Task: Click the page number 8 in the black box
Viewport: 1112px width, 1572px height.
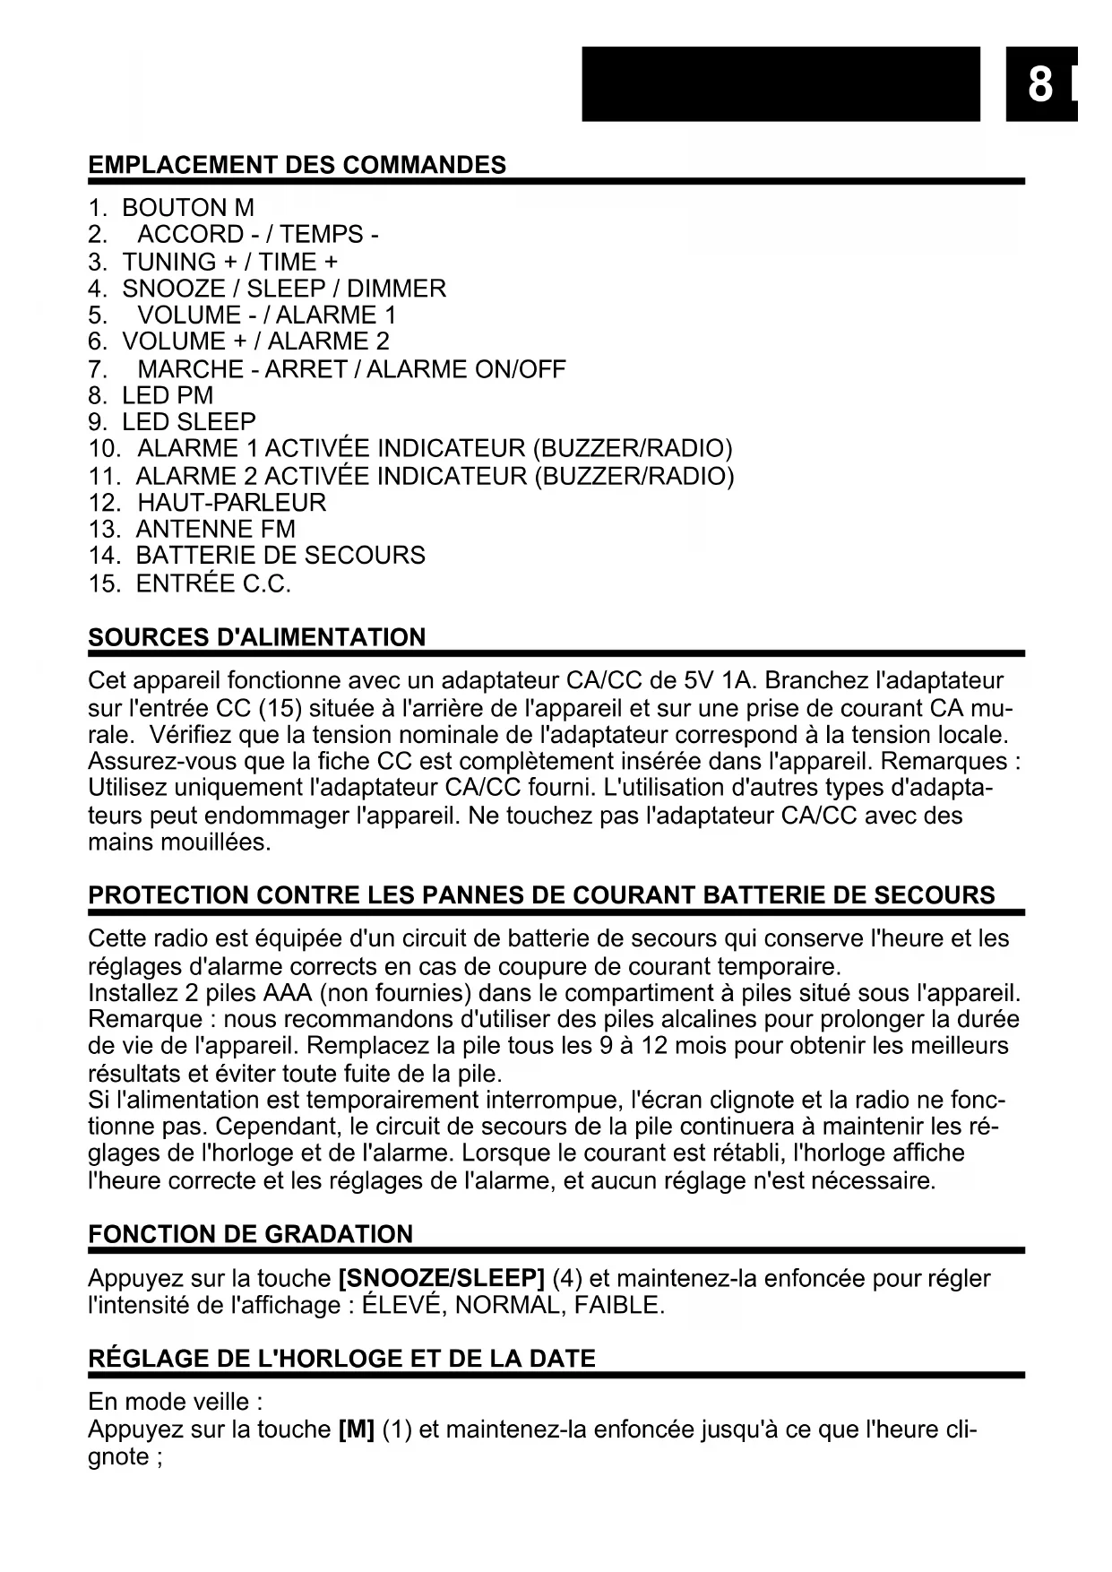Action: pyautogui.click(x=1039, y=85)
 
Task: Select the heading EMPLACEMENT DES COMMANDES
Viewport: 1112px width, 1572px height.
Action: pyautogui.click(x=297, y=165)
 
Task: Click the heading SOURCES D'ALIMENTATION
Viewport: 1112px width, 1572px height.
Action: pyautogui.click(x=257, y=637)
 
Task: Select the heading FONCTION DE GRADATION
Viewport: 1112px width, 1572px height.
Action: pyautogui.click(x=251, y=1234)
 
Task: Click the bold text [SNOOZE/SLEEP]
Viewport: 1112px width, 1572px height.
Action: pyautogui.click(x=442, y=1278)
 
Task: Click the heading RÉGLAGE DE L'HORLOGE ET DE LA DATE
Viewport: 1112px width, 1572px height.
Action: pyautogui.click(x=341, y=1359)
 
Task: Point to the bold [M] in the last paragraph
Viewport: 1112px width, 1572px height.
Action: pyautogui.click(x=357, y=1429)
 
